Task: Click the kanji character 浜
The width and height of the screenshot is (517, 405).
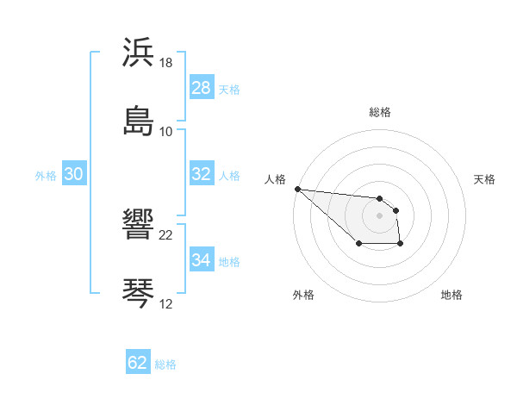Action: pyautogui.click(x=139, y=53)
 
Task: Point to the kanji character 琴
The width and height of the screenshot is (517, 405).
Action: pyautogui.click(x=139, y=293)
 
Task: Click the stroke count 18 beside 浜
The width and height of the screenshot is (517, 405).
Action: pyautogui.click(x=166, y=63)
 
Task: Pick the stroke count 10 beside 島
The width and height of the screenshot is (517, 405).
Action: pyautogui.click(x=166, y=132)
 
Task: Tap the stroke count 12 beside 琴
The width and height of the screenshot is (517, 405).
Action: pyautogui.click(x=166, y=304)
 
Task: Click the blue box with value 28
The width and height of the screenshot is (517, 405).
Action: pyautogui.click(x=201, y=87)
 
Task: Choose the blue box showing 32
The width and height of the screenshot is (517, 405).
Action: pyautogui.click(x=201, y=173)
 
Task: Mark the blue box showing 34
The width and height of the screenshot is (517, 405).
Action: pyautogui.click(x=201, y=259)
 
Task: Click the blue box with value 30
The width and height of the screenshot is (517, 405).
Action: pyautogui.click(x=73, y=173)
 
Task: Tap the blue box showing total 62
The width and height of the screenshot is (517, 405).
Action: pyautogui.click(x=138, y=363)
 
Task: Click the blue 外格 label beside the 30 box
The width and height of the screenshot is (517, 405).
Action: pyautogui.click(x=46, y=175)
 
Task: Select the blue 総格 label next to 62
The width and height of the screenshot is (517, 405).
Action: pyautogui.click(x=165, y=364)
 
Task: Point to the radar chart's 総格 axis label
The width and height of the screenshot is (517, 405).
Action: pyautogui.click(x=379, y=112)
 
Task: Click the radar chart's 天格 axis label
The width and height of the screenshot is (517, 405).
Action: pyautogui.click(x=484, y=179)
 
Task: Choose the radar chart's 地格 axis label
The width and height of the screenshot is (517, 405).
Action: pyautogui.click(x=452, y=295)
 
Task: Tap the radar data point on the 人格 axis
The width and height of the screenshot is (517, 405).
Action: pyautogui.click(x=296, y=189)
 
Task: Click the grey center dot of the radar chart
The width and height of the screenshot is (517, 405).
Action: pyautogui.click(x=379, y=215)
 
